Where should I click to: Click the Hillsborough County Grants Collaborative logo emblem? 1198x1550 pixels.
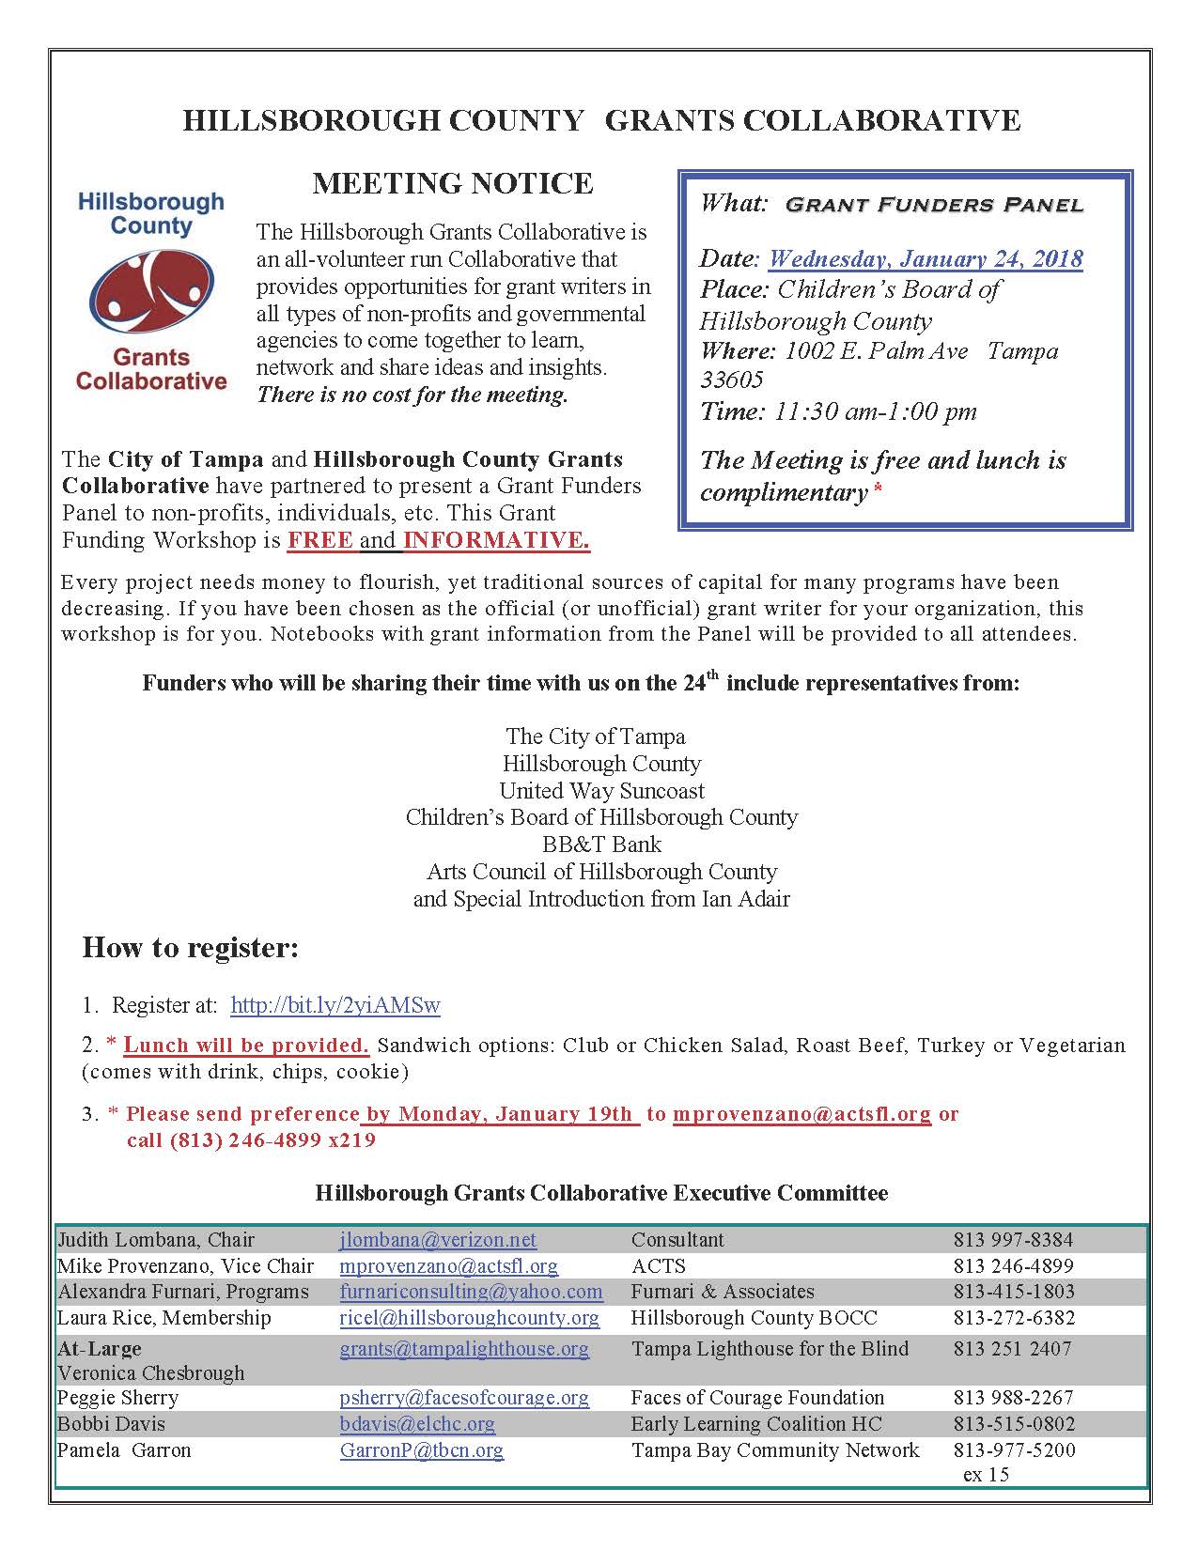click(150, 291)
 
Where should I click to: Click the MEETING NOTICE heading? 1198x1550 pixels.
click(452, 183)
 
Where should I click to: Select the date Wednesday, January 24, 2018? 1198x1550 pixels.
click(926, 258)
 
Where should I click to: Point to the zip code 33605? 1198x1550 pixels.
click(732, 380)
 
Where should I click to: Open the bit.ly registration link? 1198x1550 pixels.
click(335, 1005)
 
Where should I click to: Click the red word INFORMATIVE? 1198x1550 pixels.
click(496, 540)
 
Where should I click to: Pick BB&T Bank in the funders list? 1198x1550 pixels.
click(601, 844)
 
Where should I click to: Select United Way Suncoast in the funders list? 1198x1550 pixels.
click(601, 790)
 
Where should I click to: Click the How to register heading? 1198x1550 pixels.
click(190, 947)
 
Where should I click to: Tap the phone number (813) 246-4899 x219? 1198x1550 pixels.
click(251, 1140)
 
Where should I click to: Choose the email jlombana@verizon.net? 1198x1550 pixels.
click(438, 1240)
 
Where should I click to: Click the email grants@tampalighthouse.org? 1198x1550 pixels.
click(464, 1349)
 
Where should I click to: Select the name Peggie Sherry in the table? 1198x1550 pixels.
click(117, 1398)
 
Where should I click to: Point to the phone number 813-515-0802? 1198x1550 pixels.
click(1014, 1424)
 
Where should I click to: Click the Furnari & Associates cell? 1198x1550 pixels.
click(723, 1292)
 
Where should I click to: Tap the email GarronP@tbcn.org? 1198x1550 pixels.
click(422, 1450)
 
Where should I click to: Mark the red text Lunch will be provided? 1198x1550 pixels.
click(246, 1046)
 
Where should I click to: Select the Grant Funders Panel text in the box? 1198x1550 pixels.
click(934, 204)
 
